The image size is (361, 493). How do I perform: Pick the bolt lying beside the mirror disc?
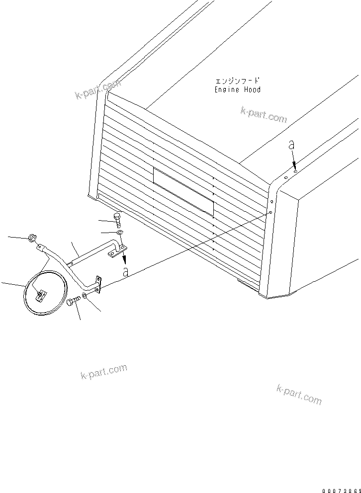73,301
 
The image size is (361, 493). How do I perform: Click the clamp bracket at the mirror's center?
40,295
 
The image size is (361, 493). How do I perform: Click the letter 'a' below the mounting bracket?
126,272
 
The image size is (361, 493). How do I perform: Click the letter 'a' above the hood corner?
292,145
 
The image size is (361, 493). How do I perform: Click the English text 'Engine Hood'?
237,90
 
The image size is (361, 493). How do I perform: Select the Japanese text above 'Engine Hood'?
237,81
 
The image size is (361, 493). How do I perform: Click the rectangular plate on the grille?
183,191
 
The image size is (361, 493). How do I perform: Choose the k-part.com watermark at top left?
98,90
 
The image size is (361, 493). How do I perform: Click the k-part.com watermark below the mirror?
103,372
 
